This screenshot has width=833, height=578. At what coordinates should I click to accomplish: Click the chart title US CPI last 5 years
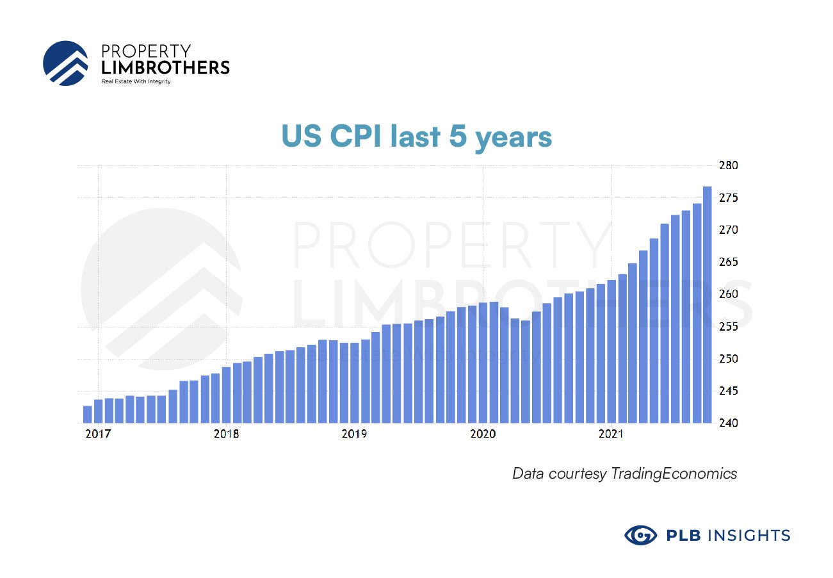tap(417, 137)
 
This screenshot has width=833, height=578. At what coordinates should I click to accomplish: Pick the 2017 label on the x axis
tap(97, 434)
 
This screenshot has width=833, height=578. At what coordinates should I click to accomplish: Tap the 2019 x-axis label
tap(354, 434)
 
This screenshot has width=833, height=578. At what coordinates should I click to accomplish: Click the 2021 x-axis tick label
tap(611, 434)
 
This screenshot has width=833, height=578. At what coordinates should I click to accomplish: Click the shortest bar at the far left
tap(87, 415)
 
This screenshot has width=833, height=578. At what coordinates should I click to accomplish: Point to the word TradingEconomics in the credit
tap(674, 474)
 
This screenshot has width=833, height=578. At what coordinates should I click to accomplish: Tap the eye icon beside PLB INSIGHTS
tap(640, 535)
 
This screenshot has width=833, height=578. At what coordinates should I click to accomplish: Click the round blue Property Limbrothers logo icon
tap(65, 63)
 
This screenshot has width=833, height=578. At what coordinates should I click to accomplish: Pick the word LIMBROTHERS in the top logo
tap(165, 67)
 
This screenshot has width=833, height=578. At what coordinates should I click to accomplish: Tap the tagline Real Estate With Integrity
tap(136, 82)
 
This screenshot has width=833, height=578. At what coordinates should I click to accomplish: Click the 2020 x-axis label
tap(483, 434)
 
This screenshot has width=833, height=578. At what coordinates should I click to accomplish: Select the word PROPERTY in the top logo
tap(146, 50)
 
